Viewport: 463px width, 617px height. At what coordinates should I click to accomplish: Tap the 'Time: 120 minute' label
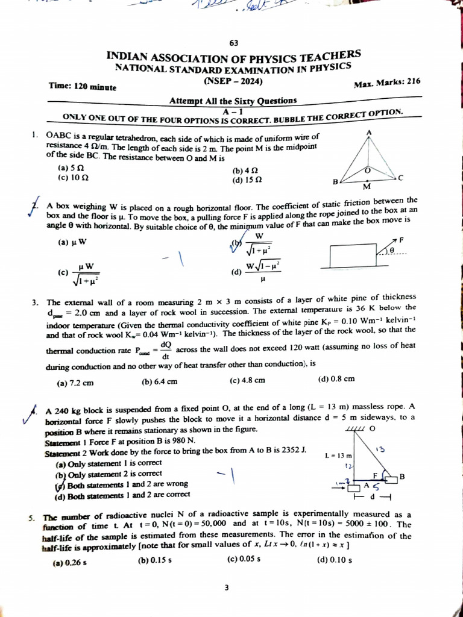pyautogui.click(x=83, y=86)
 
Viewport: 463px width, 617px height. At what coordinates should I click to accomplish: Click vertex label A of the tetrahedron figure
pyautogui.click(x=368, y=132)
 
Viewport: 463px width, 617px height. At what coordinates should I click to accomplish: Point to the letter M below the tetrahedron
pyautogui.click(x=366, y=186)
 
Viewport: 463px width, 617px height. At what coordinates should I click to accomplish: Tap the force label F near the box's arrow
pyautogui.click(x=401, y=239)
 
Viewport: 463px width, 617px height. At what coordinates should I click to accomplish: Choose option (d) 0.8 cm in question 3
pyautogui.click(x=336, y=379)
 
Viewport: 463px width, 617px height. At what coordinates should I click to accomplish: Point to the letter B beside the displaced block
pyautogui.click(x=402, y=477)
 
